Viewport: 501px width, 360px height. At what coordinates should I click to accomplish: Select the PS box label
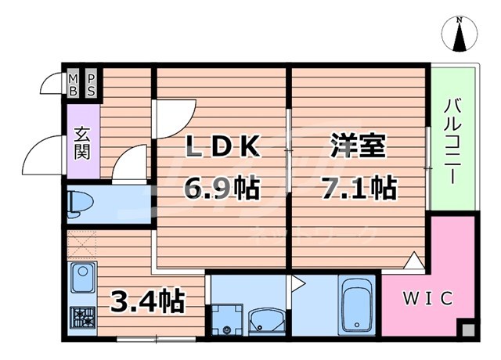click(x=91, y=84)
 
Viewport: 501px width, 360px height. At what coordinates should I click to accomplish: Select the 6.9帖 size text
click(x=222, y=189)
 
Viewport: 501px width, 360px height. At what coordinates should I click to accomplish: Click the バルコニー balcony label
click(x=453, y=141)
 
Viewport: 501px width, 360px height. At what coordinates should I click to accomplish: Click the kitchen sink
click(x=83, y=278)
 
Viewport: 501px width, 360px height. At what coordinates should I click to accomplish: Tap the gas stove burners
click(x=83, y=316)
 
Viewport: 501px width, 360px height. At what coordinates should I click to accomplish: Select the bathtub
click(x=359, y=306)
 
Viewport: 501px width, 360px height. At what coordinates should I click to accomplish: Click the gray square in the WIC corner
click(x=467, y=329)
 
